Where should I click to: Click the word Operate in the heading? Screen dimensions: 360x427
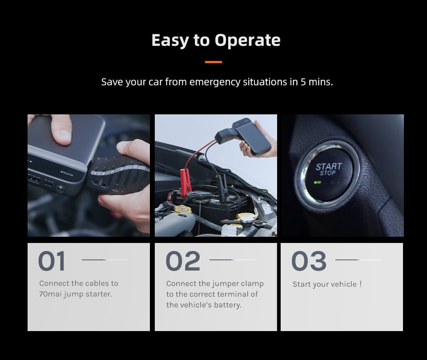248,40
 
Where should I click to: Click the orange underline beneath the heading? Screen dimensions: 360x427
213,62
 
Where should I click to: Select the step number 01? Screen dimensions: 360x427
52,261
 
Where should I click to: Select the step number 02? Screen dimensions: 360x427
183,261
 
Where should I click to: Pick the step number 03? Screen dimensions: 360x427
309,261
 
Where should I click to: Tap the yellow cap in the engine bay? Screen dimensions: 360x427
183,209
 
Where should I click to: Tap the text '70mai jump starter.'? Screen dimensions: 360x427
75,294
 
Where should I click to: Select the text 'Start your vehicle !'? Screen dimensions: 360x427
327,284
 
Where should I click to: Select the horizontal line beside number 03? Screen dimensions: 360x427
358,260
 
